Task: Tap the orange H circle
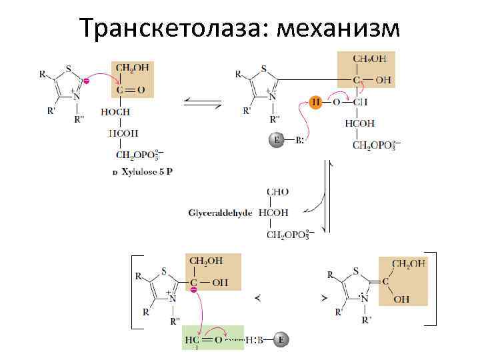pyautogui.click(x=316, y=103)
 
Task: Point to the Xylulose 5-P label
pyautogui.click(x=143, y=171)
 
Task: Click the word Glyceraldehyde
pyautogui.click(x=220, y=213)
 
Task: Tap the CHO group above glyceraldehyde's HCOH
pyautogui.click(x=277, y=192)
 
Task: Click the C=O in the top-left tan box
pyautogui.click(x=132, y=90)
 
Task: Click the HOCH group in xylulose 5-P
pyautogui.click(x=115, y=112)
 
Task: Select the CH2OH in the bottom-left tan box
pyautogui.click(x=207, y=261)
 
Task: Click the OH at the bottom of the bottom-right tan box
pyautogui.click(x=401, y=300)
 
